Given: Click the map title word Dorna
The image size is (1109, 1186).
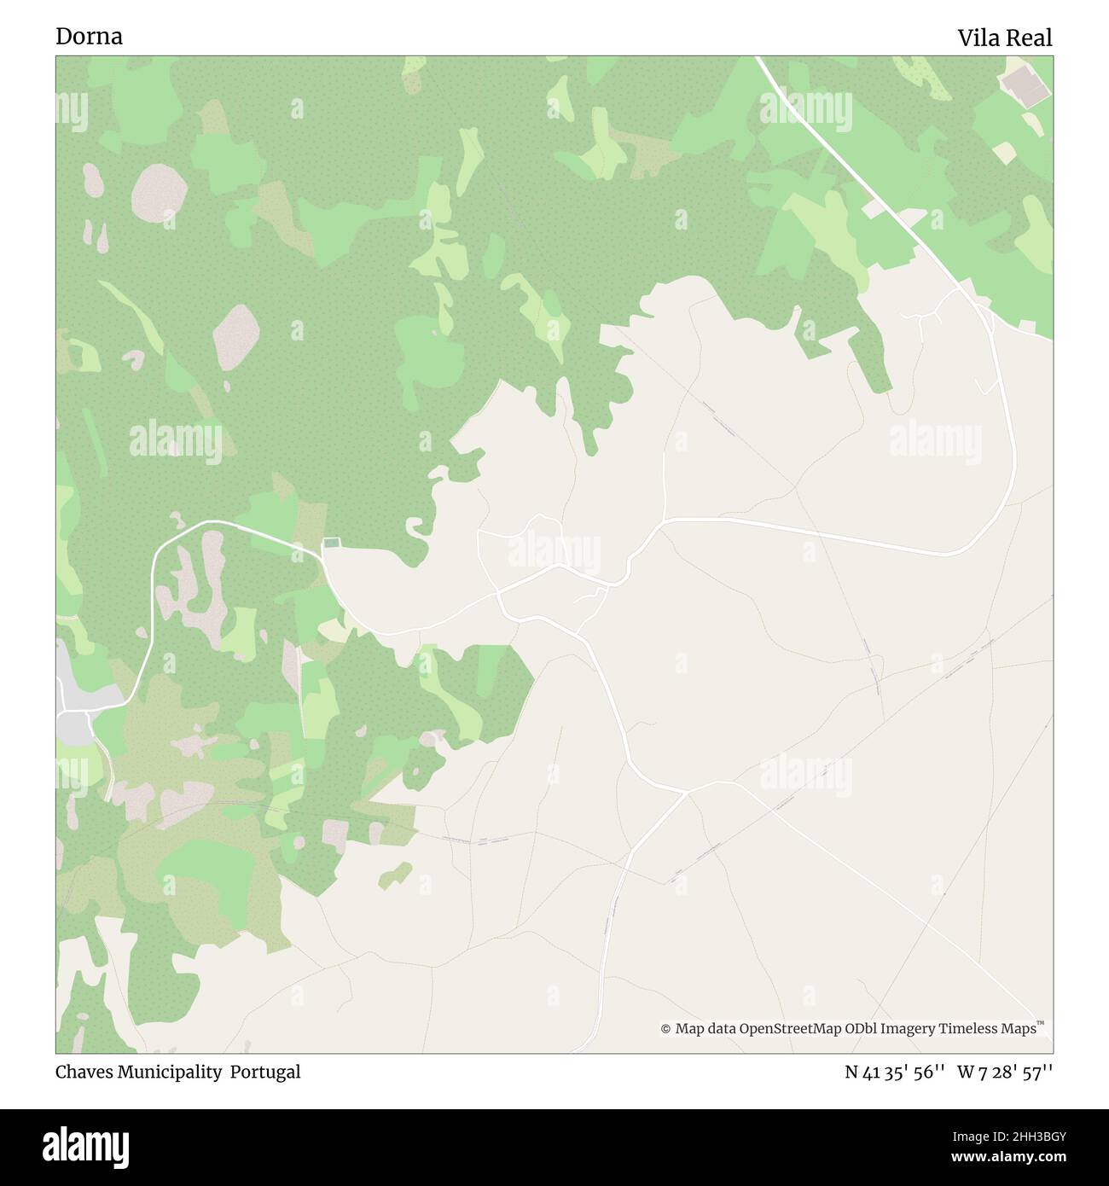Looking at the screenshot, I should (89, 37).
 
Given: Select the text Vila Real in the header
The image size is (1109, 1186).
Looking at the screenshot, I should (1004, 38).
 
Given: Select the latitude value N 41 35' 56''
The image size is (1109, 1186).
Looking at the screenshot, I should (893, 1072).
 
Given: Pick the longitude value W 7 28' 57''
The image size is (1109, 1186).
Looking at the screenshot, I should (1004, 1072).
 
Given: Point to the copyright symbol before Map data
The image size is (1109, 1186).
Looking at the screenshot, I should (665, 1029).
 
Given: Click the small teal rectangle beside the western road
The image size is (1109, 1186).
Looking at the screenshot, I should (331, 543).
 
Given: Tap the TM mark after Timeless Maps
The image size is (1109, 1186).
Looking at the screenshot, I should (1040, 1023).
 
